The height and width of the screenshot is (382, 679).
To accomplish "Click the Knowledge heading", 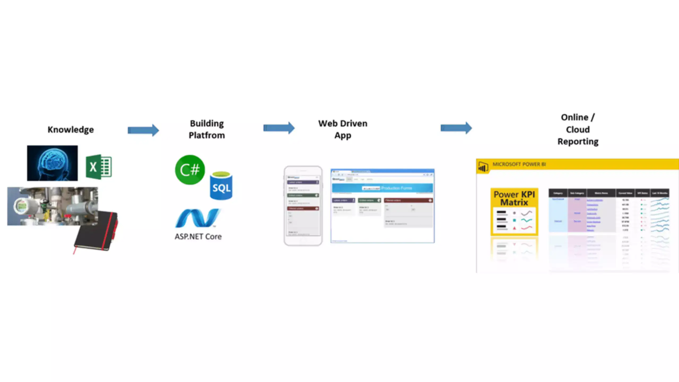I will click(x=71, y=129).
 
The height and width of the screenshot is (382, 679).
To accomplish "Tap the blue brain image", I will click(x=52, y=163).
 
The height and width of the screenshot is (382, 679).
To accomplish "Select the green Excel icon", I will click(x=99, y=167).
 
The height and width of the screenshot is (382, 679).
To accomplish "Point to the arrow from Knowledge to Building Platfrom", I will click(x=143, y=130).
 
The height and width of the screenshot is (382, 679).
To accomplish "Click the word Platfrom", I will click(x=207, y=135).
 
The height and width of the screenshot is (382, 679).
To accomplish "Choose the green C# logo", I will click(x=190, y=170).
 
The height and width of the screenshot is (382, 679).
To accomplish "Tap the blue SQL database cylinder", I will click(x=221, y=186).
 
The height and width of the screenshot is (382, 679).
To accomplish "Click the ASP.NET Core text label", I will click(x=198, y=236).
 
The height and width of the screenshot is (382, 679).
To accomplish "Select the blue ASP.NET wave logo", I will click(x=198, y=218).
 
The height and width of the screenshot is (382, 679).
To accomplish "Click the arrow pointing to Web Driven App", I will click(x=279, y=128).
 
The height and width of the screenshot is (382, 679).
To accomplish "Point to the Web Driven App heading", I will click(x=343, y=129).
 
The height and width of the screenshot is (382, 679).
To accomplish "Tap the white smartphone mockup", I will click(x=303, y=206).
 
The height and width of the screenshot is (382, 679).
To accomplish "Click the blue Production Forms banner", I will click(x=382, y=188).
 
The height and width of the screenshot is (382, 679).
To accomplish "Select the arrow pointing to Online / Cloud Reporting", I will click(x=456, y=128).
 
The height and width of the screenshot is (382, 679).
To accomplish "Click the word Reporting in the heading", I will click(x=578, y=141).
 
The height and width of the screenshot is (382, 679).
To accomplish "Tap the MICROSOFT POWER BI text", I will click(x=519, y=164).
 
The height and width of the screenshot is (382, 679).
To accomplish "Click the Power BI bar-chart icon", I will click(x=483, y=167).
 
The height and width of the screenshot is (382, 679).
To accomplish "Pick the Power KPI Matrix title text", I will click(x=514, y=198).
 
